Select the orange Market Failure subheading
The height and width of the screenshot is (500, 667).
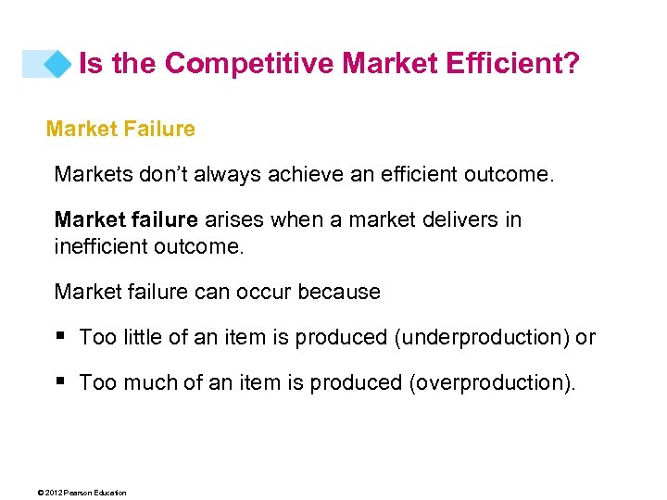[120, 130]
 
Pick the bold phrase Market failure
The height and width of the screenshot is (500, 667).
[126, 220]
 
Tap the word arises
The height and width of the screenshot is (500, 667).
[233, 220]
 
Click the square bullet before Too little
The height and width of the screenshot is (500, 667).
[60, 337]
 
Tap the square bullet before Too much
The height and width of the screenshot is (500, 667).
[60, 381]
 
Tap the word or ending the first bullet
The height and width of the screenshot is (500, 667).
[585, 337]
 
